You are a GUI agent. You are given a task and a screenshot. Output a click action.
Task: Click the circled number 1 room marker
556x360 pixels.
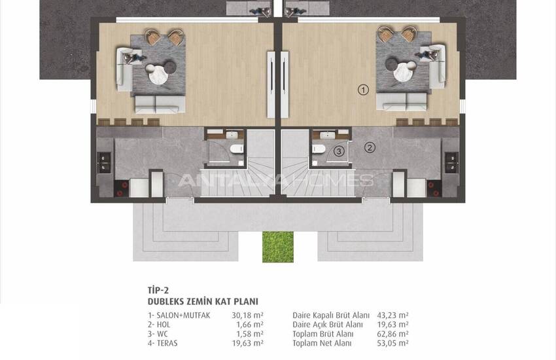tap(363, 90)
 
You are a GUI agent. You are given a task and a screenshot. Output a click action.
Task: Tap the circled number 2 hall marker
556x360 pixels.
tap(370, 147)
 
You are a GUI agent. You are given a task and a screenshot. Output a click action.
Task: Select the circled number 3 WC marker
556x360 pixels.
tap(339, 151)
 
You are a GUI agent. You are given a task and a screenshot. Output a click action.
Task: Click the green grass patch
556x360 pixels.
tap(278, 247)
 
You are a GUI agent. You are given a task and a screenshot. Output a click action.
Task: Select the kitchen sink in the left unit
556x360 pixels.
tap(103, 162)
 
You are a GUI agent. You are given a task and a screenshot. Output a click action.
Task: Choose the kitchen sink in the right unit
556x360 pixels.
tap(452, 162)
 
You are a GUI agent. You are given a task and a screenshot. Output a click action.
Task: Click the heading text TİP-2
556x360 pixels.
tap(158, 291)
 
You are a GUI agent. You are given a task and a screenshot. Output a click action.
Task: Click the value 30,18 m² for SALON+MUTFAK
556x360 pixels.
tap(247, 315)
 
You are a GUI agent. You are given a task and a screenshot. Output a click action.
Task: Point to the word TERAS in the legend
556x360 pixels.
tap(167, 343)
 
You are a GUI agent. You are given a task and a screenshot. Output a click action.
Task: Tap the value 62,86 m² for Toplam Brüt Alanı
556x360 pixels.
tap(393, 334)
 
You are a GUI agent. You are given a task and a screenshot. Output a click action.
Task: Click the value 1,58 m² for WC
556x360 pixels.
tap(250, 334)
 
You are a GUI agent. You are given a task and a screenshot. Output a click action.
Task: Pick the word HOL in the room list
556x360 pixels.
tap(163, 325)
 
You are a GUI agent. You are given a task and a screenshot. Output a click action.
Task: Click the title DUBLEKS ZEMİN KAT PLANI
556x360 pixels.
tap(203, 302)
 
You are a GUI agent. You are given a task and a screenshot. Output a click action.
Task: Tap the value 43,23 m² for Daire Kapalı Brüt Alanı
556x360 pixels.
tap(393, 315)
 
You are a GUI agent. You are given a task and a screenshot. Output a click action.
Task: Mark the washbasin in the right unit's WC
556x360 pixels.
tap(325, 135)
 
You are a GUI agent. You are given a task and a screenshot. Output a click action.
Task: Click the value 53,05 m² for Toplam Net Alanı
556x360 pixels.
tap(393, 343)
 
